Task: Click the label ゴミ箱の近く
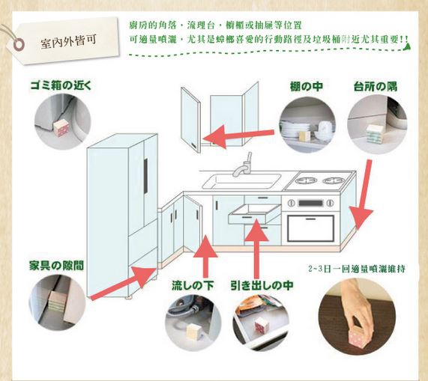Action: [x=61, y=85]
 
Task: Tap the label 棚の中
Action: [x=307, y=87]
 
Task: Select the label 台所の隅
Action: [x=376, y=87]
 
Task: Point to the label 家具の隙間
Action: [x=56, y=266]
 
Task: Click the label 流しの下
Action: [x=193, y=285]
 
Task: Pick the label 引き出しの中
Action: [x=262, y=285]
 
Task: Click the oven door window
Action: [x=310, y=228]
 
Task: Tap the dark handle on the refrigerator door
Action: [x=145, y=176]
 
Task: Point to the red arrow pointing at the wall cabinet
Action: [x=238, y=135]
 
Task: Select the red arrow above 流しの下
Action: [x=205, y=255]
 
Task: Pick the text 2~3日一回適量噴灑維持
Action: [x=357, y=269]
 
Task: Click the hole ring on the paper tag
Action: [x=19, y=44]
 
